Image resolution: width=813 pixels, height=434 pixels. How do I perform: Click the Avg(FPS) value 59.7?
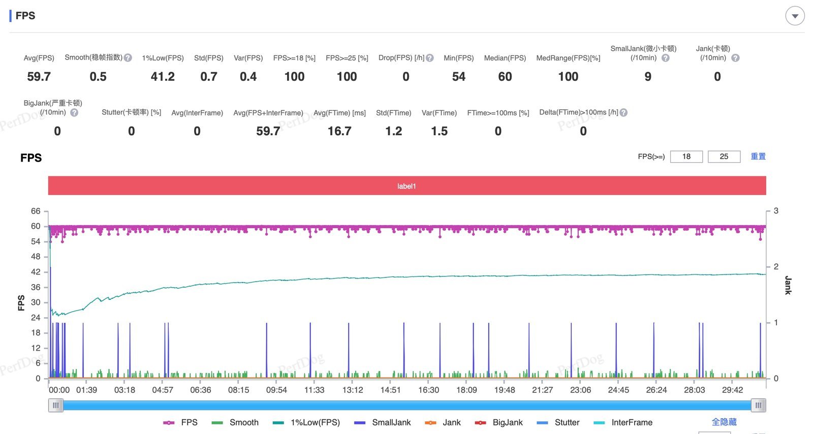(39, 77)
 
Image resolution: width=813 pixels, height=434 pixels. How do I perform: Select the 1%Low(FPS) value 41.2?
(163, 77)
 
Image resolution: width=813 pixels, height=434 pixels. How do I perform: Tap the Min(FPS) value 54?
(458, 77)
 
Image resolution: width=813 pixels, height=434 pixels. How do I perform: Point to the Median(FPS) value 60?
(505, 77)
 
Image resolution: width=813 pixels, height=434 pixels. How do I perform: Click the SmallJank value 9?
(648, 77)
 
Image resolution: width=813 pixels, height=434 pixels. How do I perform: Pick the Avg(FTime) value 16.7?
(339, 131)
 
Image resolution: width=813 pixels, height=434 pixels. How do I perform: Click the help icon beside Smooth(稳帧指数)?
(128, 58)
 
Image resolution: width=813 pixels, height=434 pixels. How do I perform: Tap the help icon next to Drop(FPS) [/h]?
(430, 58)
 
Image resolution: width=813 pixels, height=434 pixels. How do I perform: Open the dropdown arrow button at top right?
(795, 16)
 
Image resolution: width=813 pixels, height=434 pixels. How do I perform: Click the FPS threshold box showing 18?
(686, 157)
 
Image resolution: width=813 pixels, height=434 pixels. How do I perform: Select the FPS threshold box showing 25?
(724, 157)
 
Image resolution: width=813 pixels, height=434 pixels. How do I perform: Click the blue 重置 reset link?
(758, 157)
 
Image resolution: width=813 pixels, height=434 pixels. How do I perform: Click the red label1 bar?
(407, 186)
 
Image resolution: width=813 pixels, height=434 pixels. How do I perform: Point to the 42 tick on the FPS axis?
(36, 272)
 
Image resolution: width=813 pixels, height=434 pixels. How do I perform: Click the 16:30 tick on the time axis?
(428, 390)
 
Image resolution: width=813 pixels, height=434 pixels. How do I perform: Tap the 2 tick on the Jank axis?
(776, 266)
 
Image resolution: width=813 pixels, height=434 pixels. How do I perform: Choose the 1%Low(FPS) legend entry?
(306, 422)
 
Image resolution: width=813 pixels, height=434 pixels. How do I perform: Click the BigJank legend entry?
(498, 422)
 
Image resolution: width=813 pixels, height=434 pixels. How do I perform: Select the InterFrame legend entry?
(623, 422)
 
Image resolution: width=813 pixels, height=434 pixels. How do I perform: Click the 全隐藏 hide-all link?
(724, 422)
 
